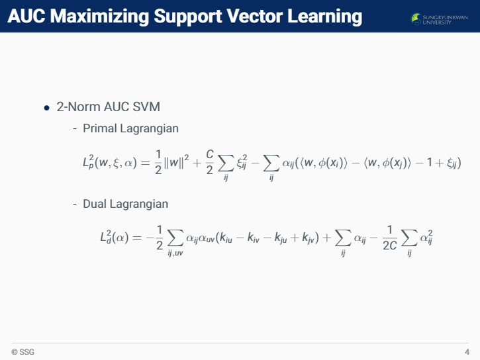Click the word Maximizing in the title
(x=99, y=17)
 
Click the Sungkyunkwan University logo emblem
(x=416, y=19)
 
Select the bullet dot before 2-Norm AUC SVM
(x=46, y=108)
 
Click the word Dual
(x=95, y=204)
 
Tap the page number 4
(x=467, y=352)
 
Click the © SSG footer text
(x=23, y=352)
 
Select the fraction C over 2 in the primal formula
(x=210, y=162)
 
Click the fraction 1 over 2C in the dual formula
(x=390, y=238)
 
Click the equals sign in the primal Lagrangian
(x=145, y=163)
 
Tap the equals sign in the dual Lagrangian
(x=137, y=238)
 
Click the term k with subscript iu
(x=226, y=238)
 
